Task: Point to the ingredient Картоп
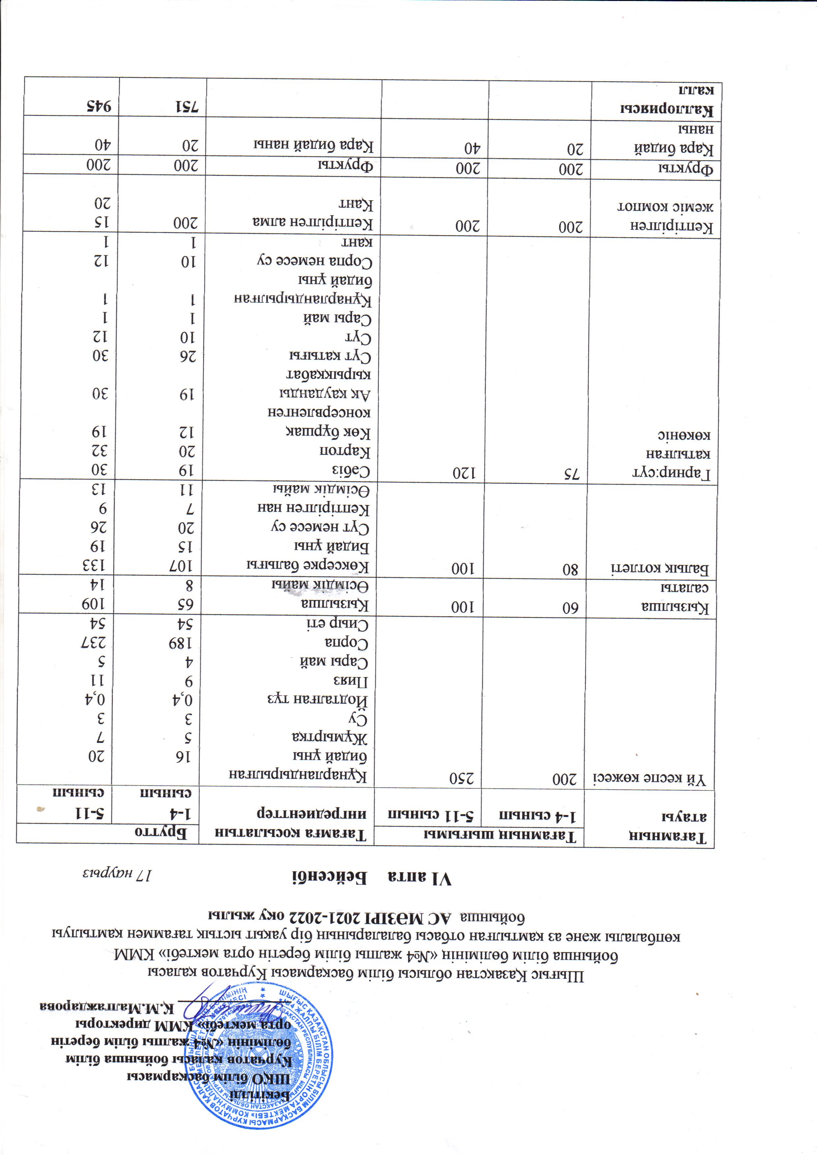pyautogui.click(x=345, y=451)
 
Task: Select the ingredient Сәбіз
pyautogui.click(x=351, y=471)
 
